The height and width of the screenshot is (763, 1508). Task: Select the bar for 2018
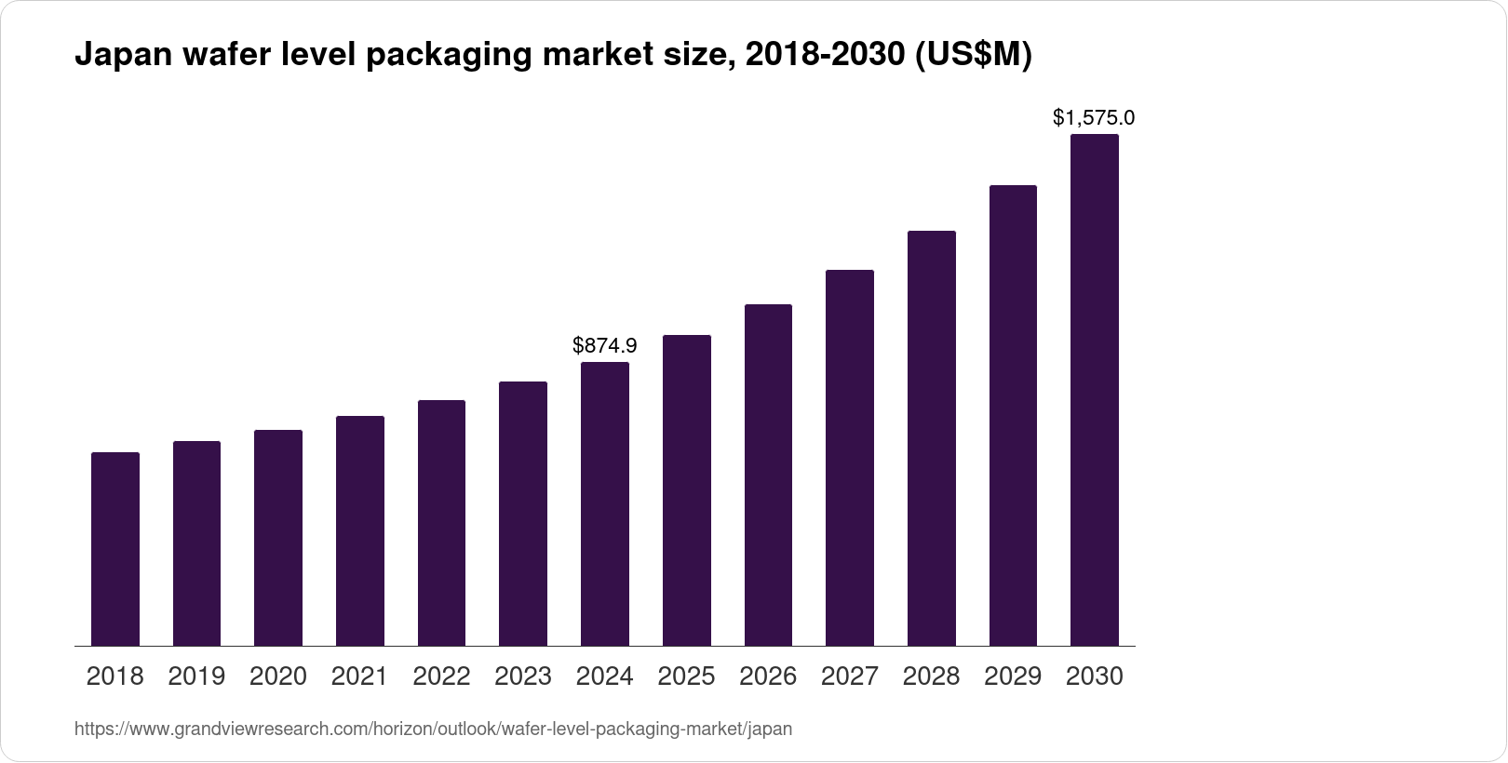point(115,549)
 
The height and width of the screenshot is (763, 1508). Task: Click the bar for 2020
point(278,538)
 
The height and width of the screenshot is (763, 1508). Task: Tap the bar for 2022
point(441,523)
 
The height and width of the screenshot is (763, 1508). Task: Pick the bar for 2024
point(605,503)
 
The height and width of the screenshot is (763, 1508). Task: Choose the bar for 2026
point(768,475)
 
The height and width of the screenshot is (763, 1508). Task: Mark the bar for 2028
point(931,437)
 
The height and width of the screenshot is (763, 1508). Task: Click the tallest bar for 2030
point(1095,390)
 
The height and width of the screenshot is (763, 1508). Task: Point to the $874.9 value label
point(605,346)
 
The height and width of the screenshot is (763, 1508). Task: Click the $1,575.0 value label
point(1094,118)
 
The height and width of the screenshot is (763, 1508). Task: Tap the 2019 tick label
point(196,676)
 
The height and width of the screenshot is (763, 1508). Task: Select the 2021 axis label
point(359,676)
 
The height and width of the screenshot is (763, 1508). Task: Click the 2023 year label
point(523,676)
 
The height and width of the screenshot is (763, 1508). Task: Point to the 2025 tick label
point(686,676)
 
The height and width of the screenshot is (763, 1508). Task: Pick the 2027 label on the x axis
point(850,676)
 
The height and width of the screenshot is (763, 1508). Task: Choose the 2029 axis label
point(1013,676)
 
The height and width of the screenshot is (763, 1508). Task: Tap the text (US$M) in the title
point(974,56)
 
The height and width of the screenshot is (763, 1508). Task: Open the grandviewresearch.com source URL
point(433,730)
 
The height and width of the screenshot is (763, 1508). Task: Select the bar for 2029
point(1013,415)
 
